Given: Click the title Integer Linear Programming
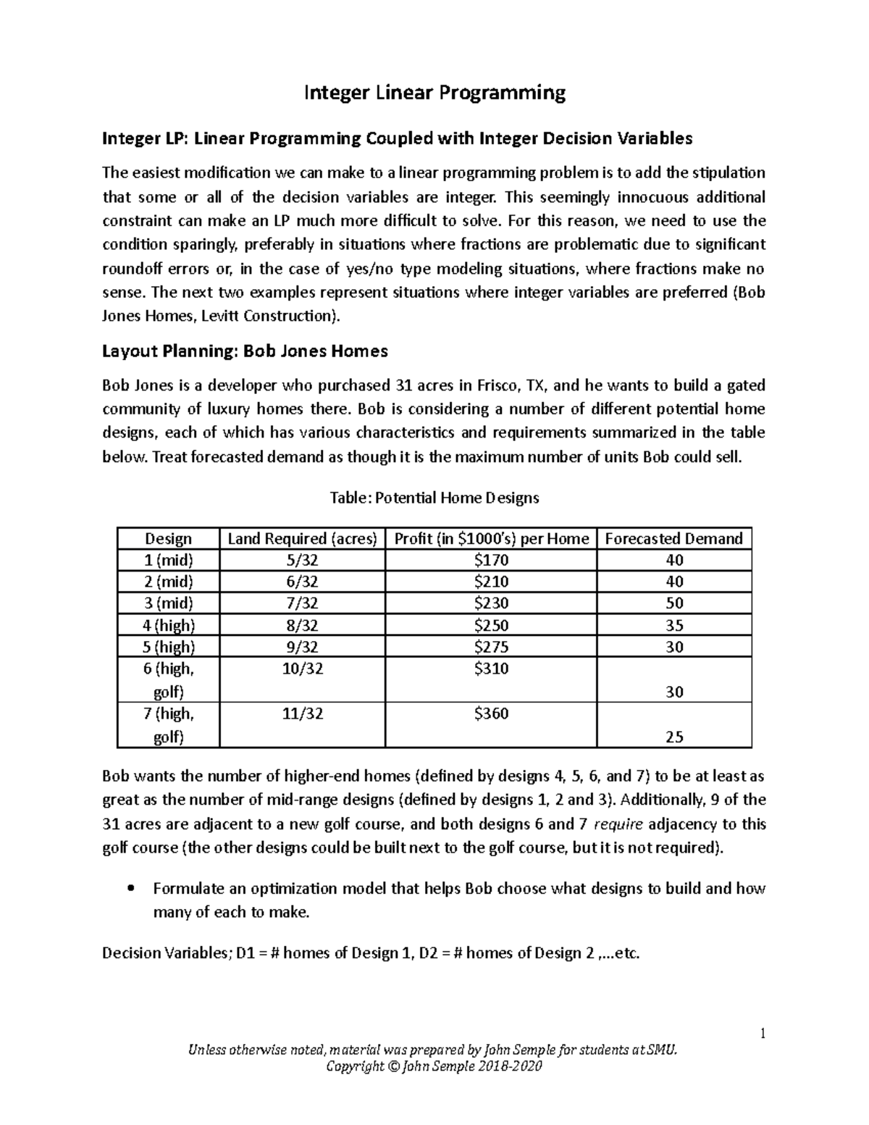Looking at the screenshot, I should (434, 92).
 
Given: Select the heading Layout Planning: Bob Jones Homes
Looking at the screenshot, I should (245, 351).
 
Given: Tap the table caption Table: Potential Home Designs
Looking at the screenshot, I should (434, 498).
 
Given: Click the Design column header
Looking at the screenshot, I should (168, 538).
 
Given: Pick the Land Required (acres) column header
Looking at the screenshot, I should (302, 538).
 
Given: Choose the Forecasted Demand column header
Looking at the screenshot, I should (673, 538).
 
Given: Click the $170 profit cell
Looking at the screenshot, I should (491, 560).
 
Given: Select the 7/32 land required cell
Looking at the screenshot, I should (302, 603).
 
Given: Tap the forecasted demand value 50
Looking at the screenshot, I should (673, 603).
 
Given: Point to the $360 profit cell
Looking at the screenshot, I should (491, 714).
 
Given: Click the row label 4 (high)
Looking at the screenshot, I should (168, 625).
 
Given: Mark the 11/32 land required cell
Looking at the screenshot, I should (302, 714).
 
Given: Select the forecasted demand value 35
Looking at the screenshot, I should (673, 625).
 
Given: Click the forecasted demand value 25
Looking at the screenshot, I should (673, 737).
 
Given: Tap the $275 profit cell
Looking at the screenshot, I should (491, 647).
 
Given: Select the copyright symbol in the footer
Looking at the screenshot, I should (389, 1067).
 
